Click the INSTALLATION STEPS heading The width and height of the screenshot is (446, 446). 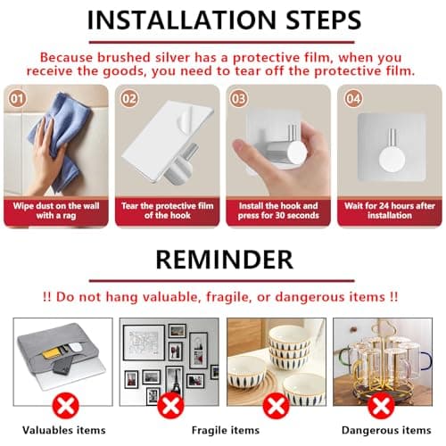pyautogui.click(x=223, y=19)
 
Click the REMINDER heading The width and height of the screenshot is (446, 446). pyautogui.click(x=223, y=259)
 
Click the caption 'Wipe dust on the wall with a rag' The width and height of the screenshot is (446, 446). pyautogui.click(x=58, y=211)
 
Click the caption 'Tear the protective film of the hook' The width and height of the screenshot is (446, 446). pyautogui.click(x=169, y=211)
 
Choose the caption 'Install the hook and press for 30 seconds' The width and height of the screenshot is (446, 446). pyautogui.click(x=278, y=211)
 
